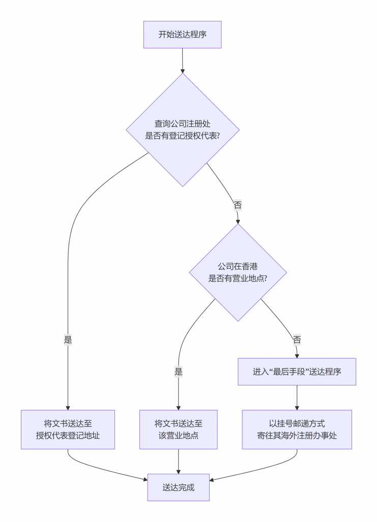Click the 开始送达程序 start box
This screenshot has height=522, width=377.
(182, 35)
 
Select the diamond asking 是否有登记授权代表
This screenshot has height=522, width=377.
(182, 130)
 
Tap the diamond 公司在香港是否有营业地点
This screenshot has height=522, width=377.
(238, 272)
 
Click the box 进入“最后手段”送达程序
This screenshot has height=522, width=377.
(297, 372)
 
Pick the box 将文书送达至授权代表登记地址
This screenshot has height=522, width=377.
(68, 429)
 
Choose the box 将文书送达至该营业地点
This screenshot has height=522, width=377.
(178, 429)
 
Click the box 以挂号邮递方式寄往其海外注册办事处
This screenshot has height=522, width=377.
(297, 429)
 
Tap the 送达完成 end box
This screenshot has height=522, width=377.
(178, 487)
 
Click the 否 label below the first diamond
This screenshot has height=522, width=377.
(238, 205)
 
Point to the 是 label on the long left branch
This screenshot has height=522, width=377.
(68, 340)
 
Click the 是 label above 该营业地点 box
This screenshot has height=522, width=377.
(178, 372)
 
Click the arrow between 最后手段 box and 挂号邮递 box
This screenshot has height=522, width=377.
(297, 398)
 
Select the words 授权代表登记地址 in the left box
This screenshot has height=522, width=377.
(68, 436)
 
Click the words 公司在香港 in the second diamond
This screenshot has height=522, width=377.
(238, 267)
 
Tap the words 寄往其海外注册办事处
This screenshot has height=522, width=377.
(297, 436)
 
